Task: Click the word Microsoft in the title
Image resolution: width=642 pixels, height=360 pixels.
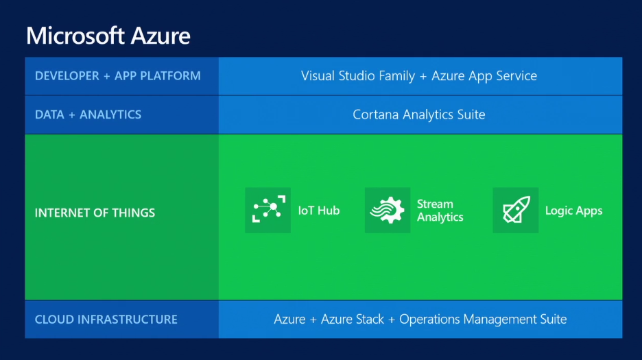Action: click(x=77, y=34)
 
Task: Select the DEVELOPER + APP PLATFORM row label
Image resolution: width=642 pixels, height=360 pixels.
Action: click(x=118, y=76)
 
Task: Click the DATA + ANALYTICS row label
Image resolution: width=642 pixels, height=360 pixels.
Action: click(x=88, y=115)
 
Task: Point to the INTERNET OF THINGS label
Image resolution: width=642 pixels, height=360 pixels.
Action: click(x=95, y=213)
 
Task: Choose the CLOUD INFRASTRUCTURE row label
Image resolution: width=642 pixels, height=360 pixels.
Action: click(x=106, y=320)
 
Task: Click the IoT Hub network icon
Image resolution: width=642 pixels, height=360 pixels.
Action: click(x=267, y=211)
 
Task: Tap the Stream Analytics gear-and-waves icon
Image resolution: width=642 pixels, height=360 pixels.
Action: click(x=388, y=211)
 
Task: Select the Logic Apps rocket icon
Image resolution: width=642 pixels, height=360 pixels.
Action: click(x=515, y=211)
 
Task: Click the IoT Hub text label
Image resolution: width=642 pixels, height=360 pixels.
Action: click(x=319, y=211)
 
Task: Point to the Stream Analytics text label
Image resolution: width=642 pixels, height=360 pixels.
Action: click(x=440, y=211)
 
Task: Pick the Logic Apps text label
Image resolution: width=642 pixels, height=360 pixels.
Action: click(x=573, y=211)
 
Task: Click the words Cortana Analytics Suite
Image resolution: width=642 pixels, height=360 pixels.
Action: click(x=418, y=115)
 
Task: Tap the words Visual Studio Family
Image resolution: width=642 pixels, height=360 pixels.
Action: click(x=358, y=76)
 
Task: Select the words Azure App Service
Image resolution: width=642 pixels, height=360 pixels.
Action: click(x=484, y=76)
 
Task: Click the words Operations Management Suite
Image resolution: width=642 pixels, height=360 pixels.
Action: click(x=483, y=319)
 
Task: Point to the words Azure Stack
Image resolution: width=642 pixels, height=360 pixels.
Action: click(x=350, y=319)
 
